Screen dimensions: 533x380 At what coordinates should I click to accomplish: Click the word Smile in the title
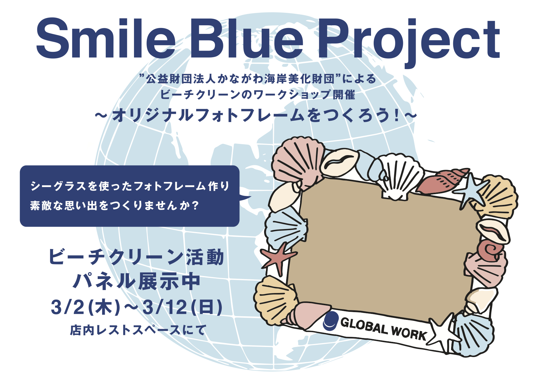click(106, 38)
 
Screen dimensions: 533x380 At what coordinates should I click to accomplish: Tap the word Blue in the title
click(247, 38)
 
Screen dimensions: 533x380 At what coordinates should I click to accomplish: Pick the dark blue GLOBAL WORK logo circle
click(331, 321)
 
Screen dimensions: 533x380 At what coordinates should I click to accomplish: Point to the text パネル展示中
click(137, 281)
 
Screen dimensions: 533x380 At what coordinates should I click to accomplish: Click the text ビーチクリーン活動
click(136, 257)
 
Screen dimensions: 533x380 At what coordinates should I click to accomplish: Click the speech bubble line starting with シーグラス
click(130, 186)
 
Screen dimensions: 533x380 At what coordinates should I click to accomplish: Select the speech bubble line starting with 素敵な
click(114, 205)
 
